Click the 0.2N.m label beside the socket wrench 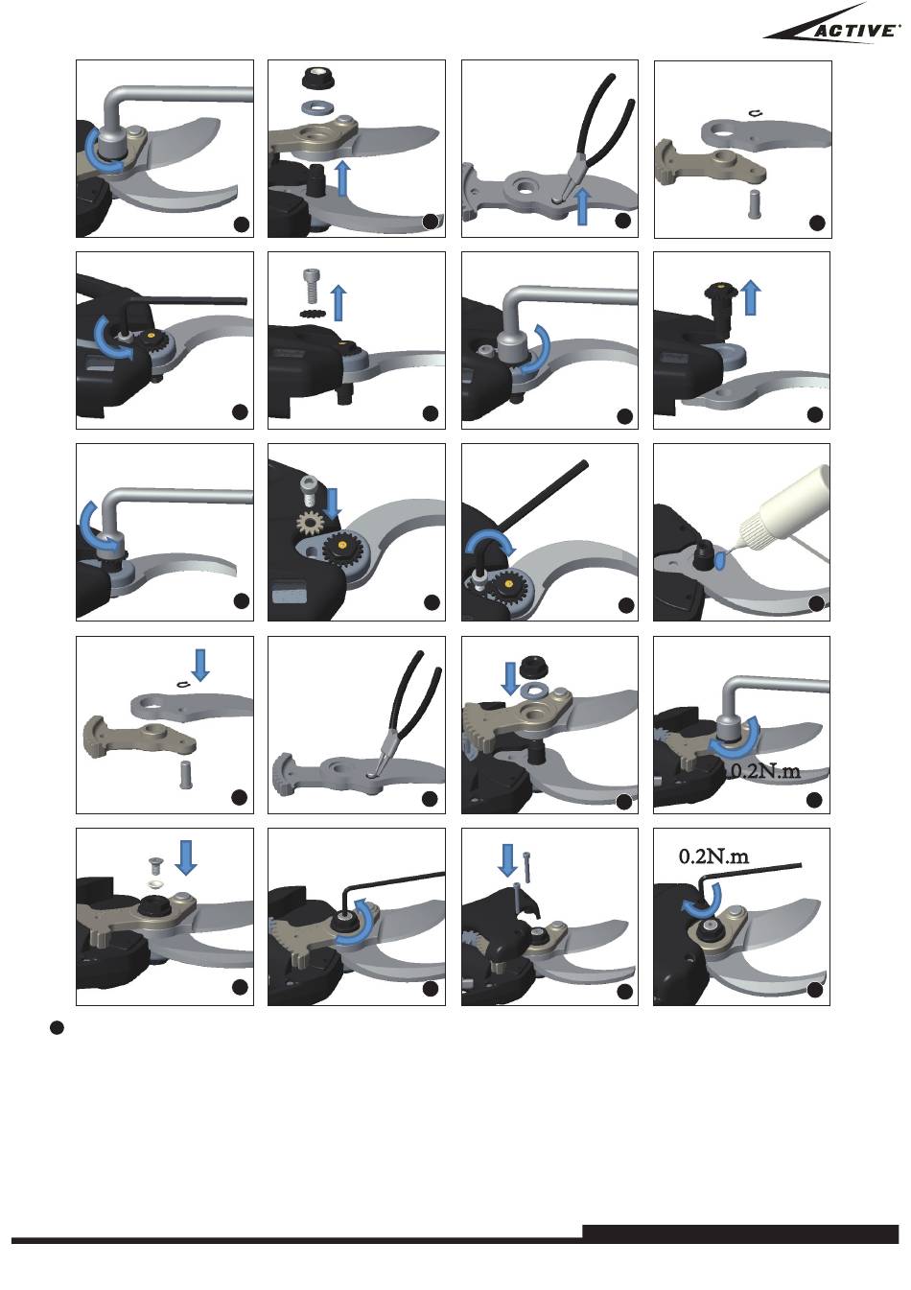point(763,772)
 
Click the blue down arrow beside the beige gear point(332,501)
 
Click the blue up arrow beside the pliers point(582,207)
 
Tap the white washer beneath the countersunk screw point(153,882)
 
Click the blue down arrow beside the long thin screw point(506,860)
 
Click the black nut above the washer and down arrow point(533,668)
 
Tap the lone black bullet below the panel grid point(57,1028)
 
